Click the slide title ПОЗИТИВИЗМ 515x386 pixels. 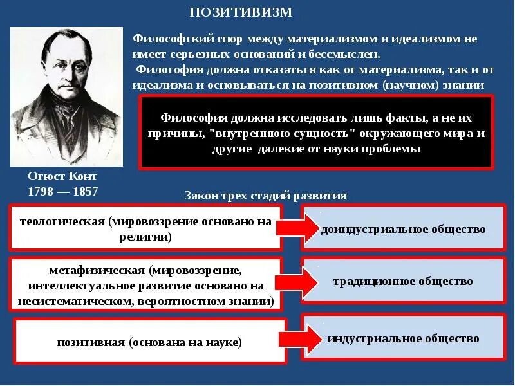pos(241,13)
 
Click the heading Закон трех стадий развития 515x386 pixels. pos(265,196)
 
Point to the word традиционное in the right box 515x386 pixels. pos(370,281)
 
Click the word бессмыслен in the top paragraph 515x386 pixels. pos(350,55)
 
